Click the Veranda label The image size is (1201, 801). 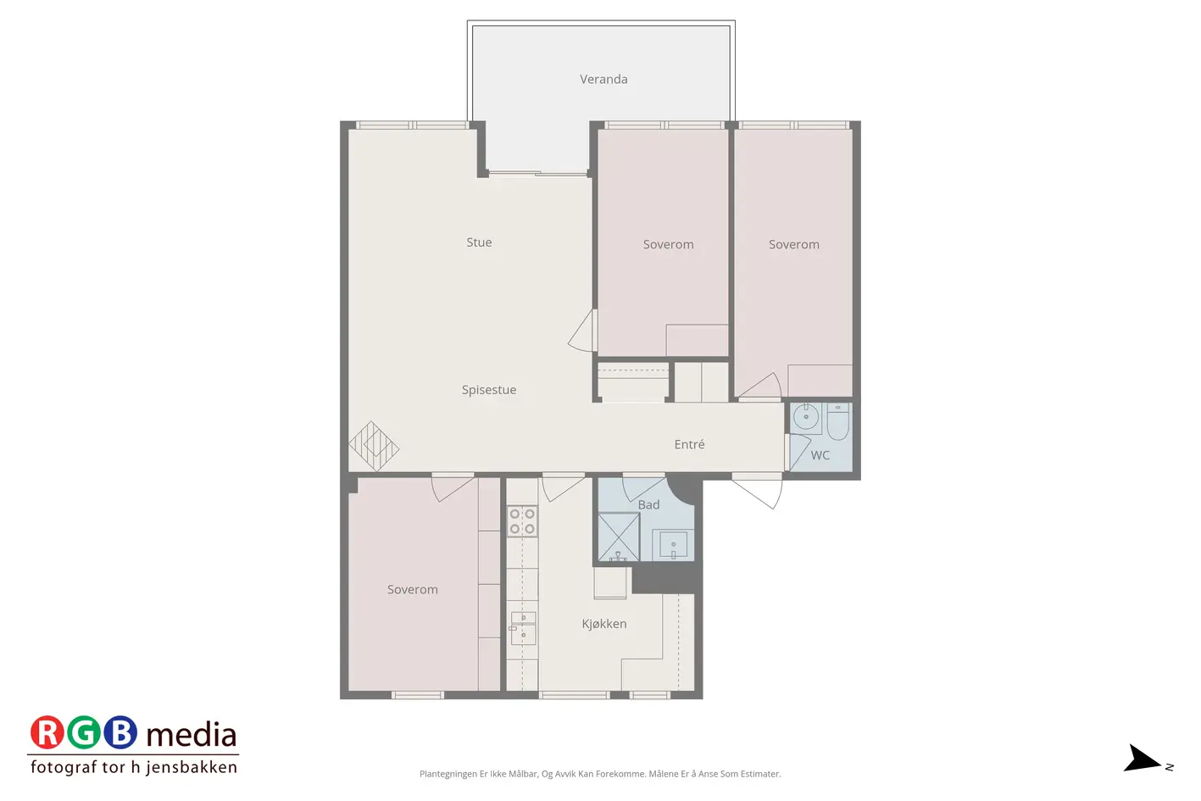603,80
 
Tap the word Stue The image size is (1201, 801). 479,242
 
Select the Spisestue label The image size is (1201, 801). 489,390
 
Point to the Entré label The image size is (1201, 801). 689,444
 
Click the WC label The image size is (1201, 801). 820,455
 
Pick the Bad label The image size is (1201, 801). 648,504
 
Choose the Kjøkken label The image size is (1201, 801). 604,624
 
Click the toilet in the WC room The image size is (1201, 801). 838,421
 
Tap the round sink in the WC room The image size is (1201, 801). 806,416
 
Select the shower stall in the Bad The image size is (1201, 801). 619,537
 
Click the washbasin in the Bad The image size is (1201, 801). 673,545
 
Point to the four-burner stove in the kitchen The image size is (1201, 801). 522,521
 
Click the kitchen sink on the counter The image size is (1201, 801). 523,628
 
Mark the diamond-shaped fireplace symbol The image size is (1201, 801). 374,446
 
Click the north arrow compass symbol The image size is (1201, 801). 1143,759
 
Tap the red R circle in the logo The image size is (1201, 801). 47,732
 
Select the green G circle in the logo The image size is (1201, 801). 84,732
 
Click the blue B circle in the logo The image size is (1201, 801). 120,732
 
